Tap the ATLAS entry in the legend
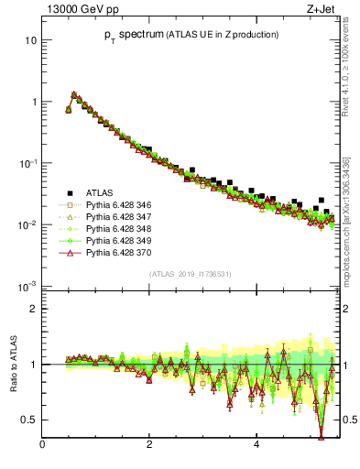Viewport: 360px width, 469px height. tap(100, 192)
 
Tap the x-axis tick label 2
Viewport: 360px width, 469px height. tap(149, 445)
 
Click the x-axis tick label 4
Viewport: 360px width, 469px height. tap(256, 445)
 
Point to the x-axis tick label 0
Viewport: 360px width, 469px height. tap(42, 445)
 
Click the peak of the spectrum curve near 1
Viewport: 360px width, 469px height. tap(74, 93)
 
